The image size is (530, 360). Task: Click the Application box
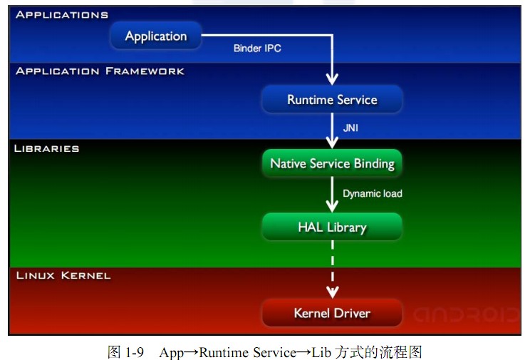pos(156,36)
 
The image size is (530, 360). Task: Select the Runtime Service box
pos(332,100)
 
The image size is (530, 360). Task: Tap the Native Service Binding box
pos(332,163)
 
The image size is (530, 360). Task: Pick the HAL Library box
pos(332,227)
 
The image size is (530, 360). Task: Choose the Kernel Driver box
pos(332,313)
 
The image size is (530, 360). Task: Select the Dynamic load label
pos(372,193)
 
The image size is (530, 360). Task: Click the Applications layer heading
pos(62,14)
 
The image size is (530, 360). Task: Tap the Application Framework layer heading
pos(100,71)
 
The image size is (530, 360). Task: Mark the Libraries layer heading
pos(47,148)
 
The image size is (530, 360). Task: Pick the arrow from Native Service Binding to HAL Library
pos(332,193)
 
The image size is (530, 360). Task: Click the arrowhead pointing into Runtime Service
pos(332,79)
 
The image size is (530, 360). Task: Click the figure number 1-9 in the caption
pos(133,352)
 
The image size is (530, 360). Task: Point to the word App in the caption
pos(171,352)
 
